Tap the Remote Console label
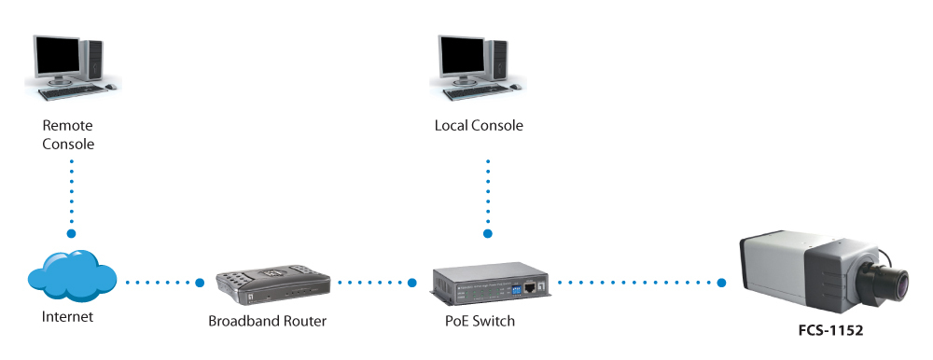(x=68, y=135)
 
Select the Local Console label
(x=479, y=126)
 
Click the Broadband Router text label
(x=267, y=322)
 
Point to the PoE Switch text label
(x=480, y=322)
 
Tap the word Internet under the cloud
(x=67, y=317)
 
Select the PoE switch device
(x=491, y=281)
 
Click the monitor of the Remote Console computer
(x=57, y=57)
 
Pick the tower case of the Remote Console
(x=92, y=62)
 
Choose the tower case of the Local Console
(x=497, y=62)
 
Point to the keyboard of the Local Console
(x=476, y=91)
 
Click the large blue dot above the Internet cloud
(x=72, y=234)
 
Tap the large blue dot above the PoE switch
(x=488, y=234)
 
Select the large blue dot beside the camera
(x=722, y=283)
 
